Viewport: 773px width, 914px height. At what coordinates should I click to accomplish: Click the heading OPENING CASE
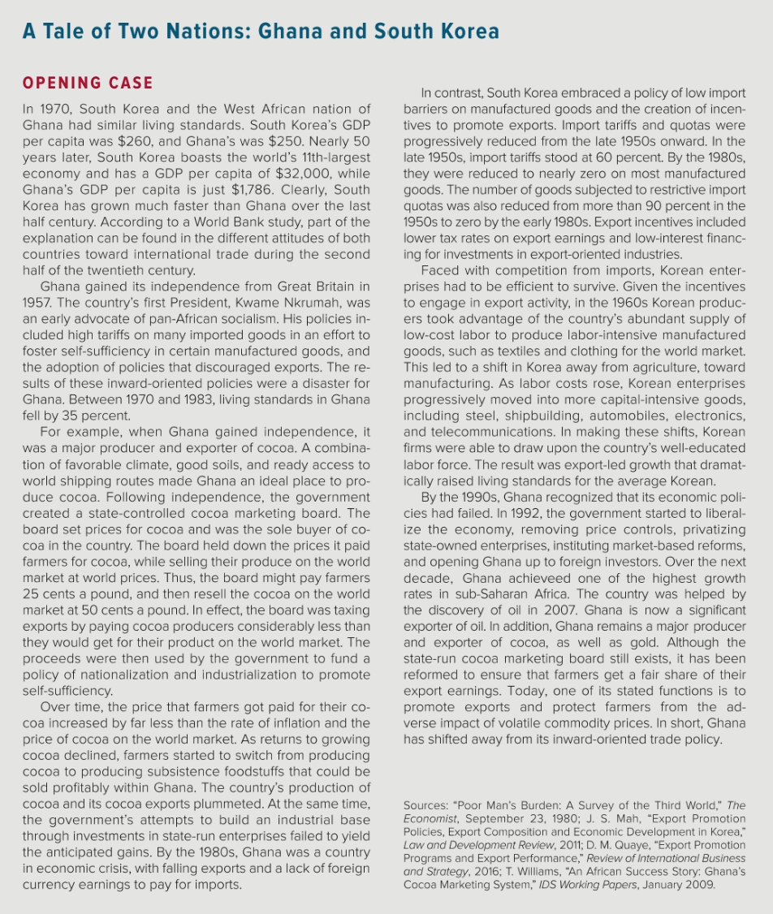(x=88, y=84)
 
